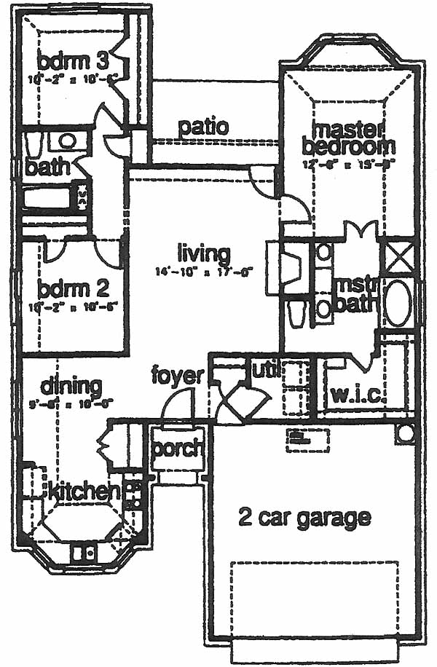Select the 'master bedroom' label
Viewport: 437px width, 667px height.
(x=349, y=137)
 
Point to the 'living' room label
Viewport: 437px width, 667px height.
(x=204, y=254)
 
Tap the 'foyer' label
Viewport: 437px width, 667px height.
(x=177, y=376)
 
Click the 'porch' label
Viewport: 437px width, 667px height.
(x=178, y=449)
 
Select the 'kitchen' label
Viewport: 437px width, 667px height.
(x=84, y=492)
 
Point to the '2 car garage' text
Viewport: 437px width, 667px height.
(x=304, y=518)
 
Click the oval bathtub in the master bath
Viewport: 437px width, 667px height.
(x=398, y=303)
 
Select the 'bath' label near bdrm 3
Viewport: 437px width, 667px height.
(x=47, y=167)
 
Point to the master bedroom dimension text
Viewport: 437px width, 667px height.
(x=349, y=164)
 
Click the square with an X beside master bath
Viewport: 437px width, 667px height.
(x=398, y=257)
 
